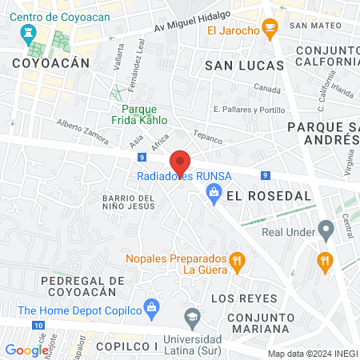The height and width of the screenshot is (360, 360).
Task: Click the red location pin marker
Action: click(180, 162)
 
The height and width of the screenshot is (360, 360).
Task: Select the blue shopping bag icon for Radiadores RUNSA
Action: click(214, 191)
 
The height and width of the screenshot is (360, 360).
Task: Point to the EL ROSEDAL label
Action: click(257, 195)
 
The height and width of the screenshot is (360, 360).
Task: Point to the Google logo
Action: click(26, 350)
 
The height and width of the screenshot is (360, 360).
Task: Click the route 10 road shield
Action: click(39, 326)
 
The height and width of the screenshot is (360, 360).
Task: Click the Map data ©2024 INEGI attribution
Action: click(311, 353)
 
